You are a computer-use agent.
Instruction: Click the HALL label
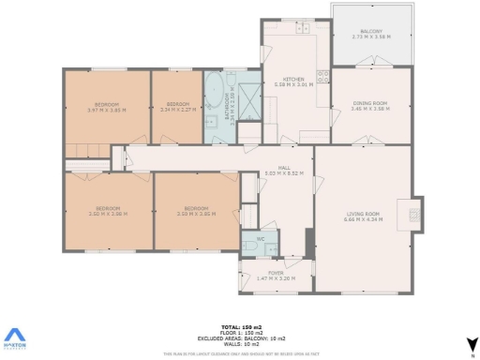pos(283,168)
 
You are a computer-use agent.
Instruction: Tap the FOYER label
pos(276,273)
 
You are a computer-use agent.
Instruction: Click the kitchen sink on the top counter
pos(304,29)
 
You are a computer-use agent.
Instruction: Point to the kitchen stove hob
pos(322,76)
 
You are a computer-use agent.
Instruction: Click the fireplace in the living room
pos(413,215)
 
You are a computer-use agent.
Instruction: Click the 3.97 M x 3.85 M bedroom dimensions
pos(106,110)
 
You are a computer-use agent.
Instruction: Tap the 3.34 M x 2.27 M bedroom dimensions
pos(177,110)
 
